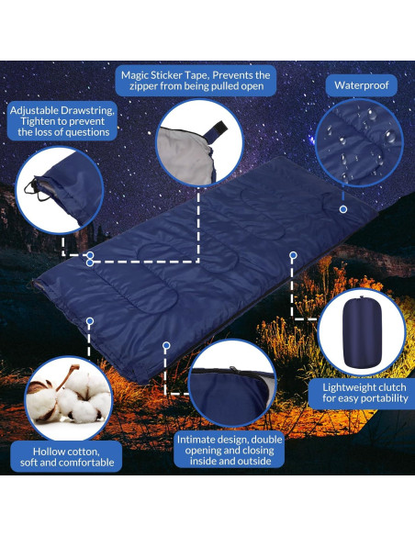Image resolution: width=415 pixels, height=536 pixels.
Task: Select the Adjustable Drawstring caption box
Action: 63,120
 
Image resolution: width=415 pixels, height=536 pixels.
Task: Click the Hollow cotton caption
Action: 67,456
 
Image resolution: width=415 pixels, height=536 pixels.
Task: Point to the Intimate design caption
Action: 229,449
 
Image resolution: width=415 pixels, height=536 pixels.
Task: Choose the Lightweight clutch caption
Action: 364,393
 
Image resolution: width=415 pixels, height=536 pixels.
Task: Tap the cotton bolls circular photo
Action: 68,397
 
